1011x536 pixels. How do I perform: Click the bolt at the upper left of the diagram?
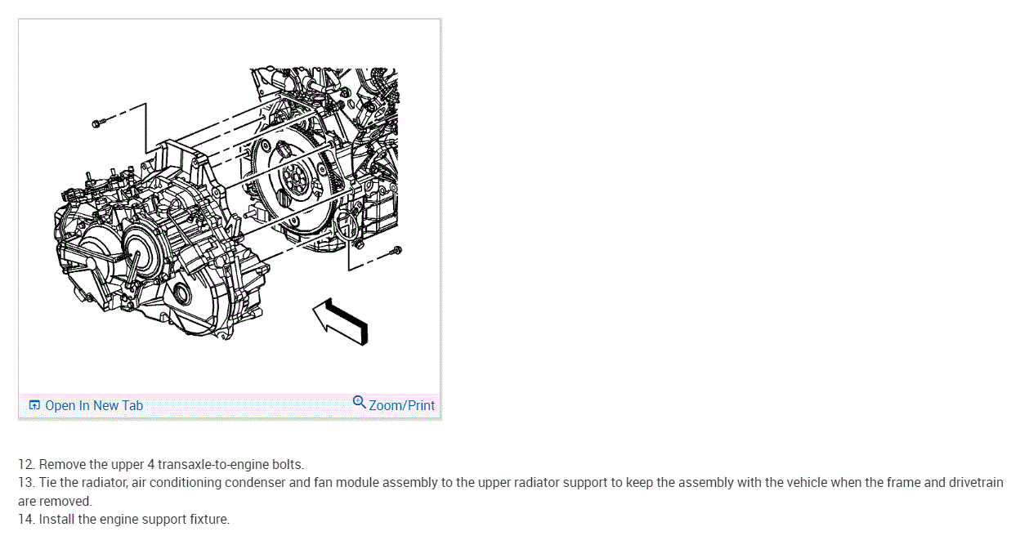tap(97, 123)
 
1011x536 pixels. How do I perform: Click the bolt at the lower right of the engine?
tap(396, 248)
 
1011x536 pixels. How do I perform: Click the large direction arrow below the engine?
tap(341, 322)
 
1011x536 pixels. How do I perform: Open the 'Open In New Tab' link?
tap(93, 405)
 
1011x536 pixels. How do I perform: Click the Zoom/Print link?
tap(401, 405)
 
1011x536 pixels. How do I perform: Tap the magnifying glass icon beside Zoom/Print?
tap(359, 402)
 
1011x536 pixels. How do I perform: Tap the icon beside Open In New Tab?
tap(34, 405)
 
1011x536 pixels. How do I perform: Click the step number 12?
tap(25, 465)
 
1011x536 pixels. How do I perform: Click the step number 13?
tap(25, 483)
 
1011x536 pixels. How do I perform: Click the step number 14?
tap(25, 519)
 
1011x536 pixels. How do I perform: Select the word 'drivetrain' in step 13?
tap(975, 483)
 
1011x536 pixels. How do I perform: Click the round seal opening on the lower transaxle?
tap(182, 296)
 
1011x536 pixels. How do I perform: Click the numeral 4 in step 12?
tap(153, 465)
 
